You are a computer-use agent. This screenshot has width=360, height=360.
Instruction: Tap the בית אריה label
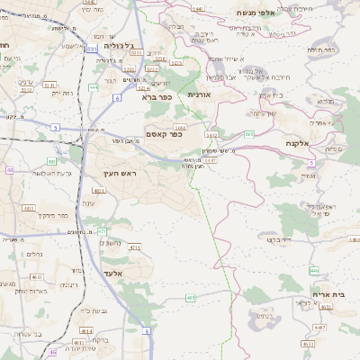(329, 295)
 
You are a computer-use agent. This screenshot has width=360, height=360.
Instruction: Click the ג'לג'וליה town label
(119, 44)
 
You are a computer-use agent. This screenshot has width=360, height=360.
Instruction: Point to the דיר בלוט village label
(282, 239)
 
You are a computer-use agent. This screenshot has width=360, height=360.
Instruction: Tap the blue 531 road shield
(93, 49)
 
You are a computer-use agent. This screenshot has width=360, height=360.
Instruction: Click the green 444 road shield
(94, 87)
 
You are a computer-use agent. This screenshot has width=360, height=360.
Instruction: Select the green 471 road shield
(102, 231)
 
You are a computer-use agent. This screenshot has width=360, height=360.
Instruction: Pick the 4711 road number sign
(135, 246)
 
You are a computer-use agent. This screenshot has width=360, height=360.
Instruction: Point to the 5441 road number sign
(198, 8)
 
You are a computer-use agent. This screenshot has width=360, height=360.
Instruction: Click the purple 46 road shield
(53, 352)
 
